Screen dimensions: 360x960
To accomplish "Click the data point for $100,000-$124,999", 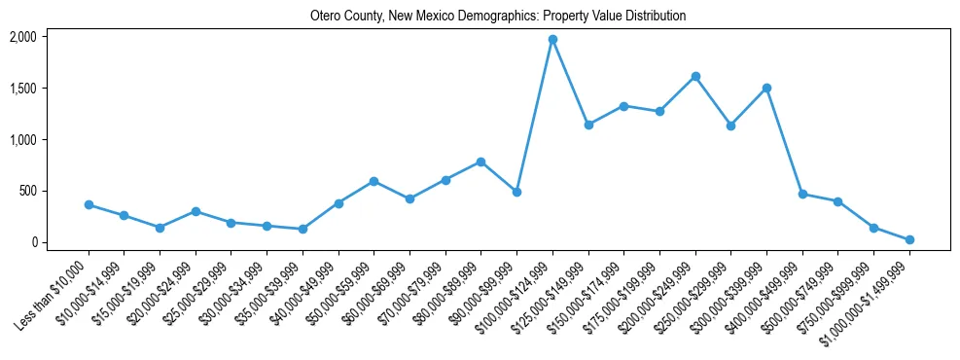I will click(552, 40).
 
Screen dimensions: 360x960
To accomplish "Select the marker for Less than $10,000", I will click(89, 205).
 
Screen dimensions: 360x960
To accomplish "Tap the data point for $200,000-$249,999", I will click(695, 76).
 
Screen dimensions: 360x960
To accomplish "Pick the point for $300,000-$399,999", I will click(766, 88).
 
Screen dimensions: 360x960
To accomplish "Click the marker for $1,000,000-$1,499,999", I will click(909, 239).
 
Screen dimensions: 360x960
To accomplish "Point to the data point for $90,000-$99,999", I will click(516, 192).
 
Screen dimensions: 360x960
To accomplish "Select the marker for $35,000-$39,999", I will click(302, 229).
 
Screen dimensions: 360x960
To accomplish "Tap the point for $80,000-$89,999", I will click(481, 162).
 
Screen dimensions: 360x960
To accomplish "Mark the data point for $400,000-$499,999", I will click(802, 194).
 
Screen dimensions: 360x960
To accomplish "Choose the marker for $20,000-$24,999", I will click(196, 211).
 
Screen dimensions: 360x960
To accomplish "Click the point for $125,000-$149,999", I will click(588, 125).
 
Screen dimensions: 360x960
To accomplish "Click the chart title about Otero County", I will click(498, 17).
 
